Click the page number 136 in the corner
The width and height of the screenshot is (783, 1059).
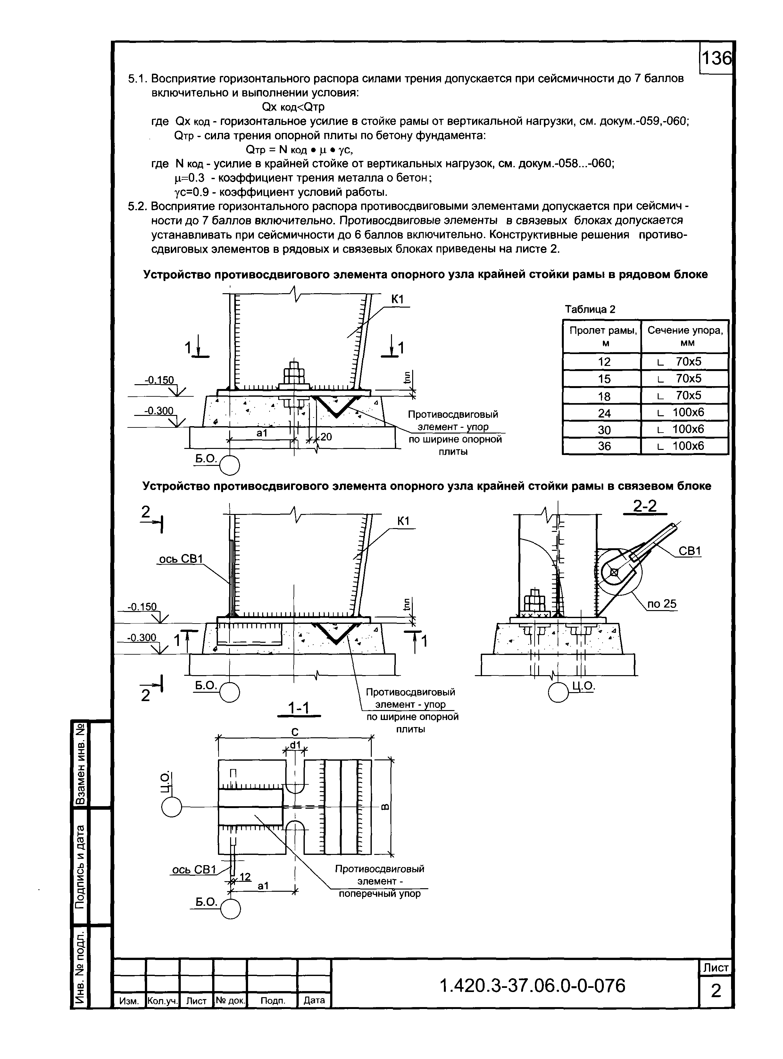(x=716, y=59)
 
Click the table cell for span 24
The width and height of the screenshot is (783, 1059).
(x=604, y=413)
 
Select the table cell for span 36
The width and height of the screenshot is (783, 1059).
(x=604, y=446)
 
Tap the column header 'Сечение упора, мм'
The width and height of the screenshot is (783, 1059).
(x=685, y=336)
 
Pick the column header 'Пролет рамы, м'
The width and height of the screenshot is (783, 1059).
(x=603, y=336)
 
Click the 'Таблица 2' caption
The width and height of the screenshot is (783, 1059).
(x=590, y=310)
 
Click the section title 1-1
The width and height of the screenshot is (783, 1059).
(x=299, y=708)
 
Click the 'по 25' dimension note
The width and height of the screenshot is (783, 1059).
(x=662, y=604)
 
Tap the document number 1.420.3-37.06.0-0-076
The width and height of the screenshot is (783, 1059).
(x=533, y=986)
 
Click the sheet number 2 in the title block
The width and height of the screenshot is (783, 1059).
(x=716, y=991)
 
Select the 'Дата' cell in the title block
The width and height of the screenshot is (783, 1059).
(x=314, y=1001)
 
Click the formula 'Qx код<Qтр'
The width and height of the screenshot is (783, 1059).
(x=293, y=107)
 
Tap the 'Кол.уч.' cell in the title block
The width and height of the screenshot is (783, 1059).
(x=162, y=1001)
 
